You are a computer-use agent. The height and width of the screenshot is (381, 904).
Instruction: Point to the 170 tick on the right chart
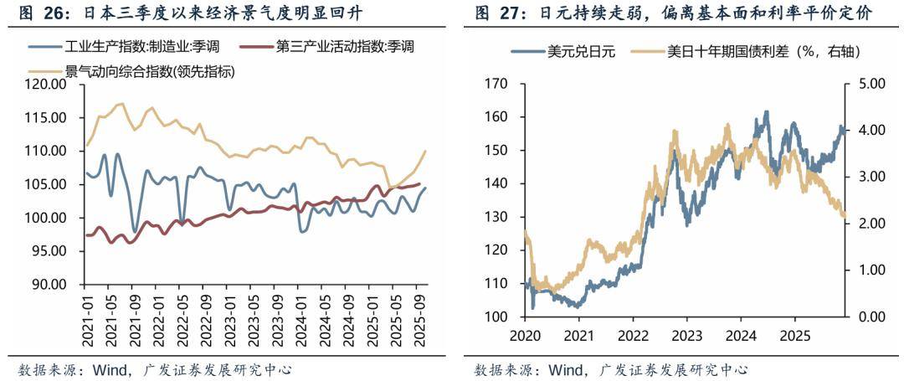496,84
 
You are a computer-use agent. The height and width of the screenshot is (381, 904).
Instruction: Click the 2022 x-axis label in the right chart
632,335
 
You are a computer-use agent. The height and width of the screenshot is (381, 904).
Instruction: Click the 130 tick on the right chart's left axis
496,217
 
